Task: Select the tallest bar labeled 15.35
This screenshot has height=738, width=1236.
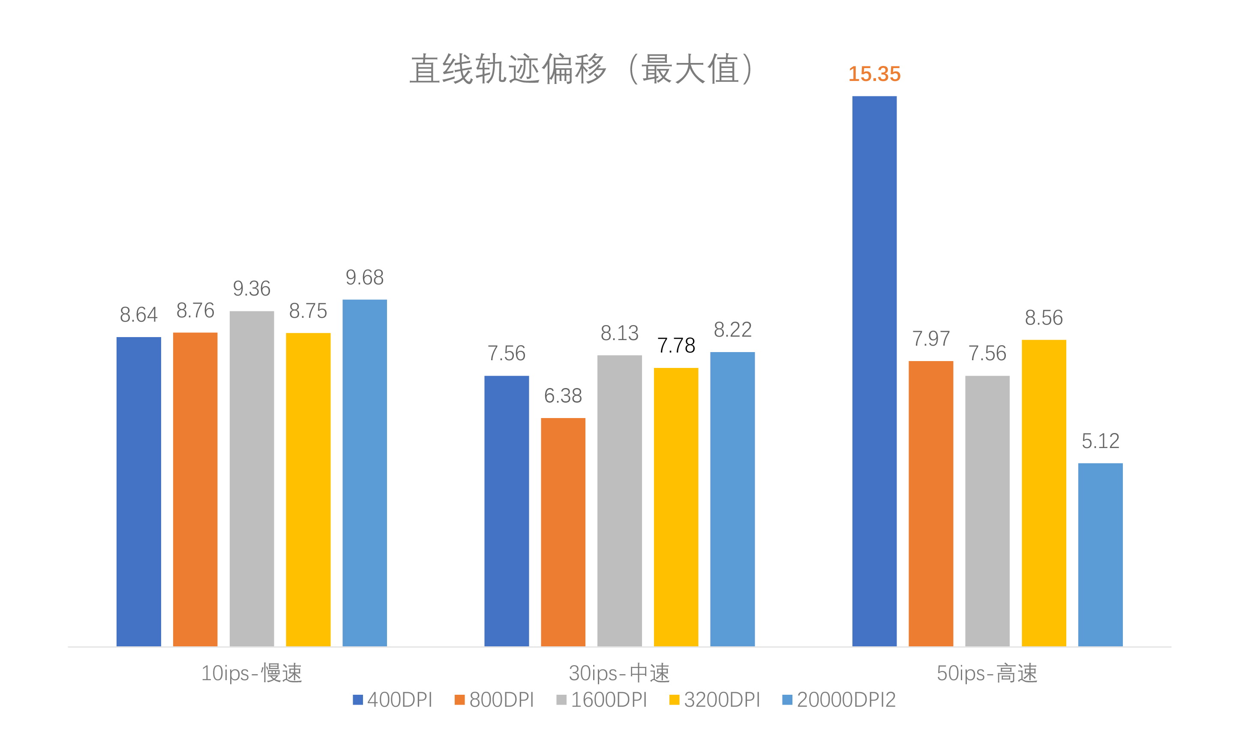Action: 874,371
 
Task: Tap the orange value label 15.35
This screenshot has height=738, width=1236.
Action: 874,74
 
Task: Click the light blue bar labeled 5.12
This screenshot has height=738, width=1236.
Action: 1100,555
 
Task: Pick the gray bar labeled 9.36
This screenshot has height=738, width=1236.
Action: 251,478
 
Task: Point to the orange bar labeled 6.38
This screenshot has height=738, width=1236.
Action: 563,532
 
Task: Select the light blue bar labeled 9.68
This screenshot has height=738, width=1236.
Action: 364,472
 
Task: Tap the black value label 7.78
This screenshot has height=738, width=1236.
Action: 676,346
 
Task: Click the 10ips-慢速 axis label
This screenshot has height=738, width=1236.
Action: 251,673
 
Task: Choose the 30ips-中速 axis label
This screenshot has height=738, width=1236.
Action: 619,673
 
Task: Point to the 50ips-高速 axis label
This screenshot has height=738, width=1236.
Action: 987,673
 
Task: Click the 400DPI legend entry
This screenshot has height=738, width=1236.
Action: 393,700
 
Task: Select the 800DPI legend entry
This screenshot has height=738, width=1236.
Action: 495,700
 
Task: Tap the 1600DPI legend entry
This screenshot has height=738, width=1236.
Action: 602,700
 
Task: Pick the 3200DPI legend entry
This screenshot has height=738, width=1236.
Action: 715,700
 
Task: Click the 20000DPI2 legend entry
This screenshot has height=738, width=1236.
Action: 839,700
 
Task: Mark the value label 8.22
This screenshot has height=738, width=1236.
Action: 732,330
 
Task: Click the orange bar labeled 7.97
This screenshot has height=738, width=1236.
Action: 930,503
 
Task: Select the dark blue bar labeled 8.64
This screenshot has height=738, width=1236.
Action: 138,491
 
